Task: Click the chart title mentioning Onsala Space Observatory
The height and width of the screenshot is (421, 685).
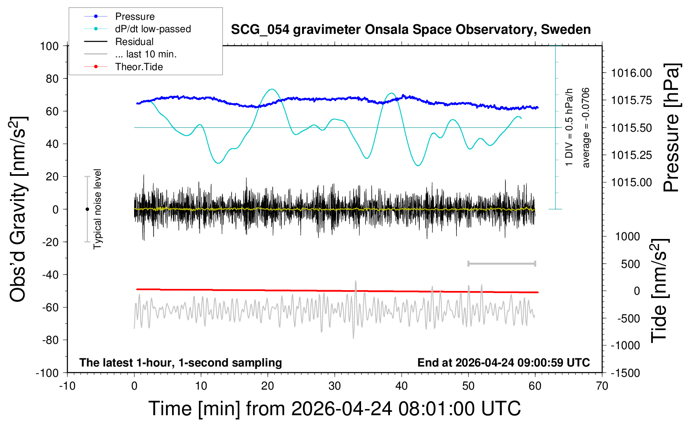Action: (411, 30)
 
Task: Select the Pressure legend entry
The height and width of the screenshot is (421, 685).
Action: (135, 17)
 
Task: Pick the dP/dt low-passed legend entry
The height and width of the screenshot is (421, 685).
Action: (153, 29)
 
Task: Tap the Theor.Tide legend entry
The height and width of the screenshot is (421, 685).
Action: (139, 67)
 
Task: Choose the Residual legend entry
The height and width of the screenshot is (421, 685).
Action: (134, 42)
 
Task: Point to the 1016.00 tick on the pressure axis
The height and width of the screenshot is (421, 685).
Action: (631, 73)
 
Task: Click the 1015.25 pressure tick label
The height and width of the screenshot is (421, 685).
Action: (631, 155)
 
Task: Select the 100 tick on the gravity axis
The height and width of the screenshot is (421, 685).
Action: (49, 46)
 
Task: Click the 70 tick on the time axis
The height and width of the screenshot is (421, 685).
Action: (602, 386)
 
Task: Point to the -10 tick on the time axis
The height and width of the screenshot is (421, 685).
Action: (67, 386)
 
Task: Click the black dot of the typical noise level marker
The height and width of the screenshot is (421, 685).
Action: (87, 209)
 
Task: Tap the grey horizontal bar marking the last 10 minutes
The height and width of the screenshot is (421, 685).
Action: (501, 263)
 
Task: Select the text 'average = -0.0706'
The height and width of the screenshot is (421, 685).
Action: (586, 128)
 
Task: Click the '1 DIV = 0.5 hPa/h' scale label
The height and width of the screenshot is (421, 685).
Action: (569, 128)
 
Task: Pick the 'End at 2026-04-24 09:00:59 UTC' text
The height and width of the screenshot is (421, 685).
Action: (503, 362)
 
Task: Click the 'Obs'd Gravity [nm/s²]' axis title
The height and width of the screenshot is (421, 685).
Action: (18, 209)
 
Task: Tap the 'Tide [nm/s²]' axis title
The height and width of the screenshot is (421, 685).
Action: (659, 291)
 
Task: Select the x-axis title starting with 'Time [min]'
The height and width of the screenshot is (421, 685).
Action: (334, 409)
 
